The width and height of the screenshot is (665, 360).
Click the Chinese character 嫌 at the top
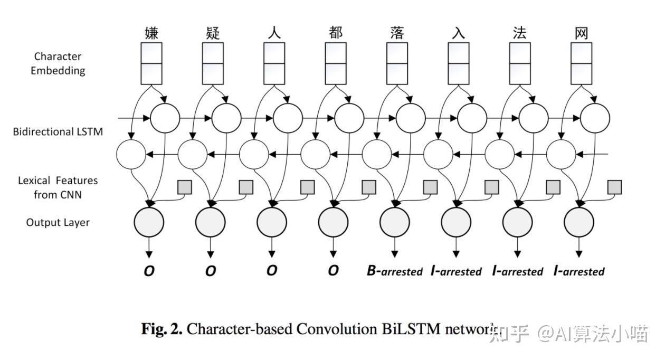point(151,33)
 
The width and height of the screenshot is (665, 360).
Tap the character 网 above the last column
point(581,33)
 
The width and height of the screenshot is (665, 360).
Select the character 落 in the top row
point(397,33)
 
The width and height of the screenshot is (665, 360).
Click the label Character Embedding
point(58,63)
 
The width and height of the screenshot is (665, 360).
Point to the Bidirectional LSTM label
point(58,131)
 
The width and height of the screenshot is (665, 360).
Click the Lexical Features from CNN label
point(58,187)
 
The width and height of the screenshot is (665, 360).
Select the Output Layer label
point(58,222)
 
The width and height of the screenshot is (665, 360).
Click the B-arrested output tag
point(395,271)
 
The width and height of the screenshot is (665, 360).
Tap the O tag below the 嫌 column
point(149,271)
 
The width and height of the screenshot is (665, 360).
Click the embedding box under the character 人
point(274,63)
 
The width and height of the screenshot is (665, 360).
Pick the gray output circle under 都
point(333,222)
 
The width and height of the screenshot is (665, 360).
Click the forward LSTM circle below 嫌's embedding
point(165,117)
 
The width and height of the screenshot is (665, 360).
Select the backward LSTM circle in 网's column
point(560,155)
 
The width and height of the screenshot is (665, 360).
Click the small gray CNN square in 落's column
point(430,186)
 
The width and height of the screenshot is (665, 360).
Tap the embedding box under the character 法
point(520,63)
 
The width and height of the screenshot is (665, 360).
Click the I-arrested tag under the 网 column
point(579,271)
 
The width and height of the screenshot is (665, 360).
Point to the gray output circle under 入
point(456,222)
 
